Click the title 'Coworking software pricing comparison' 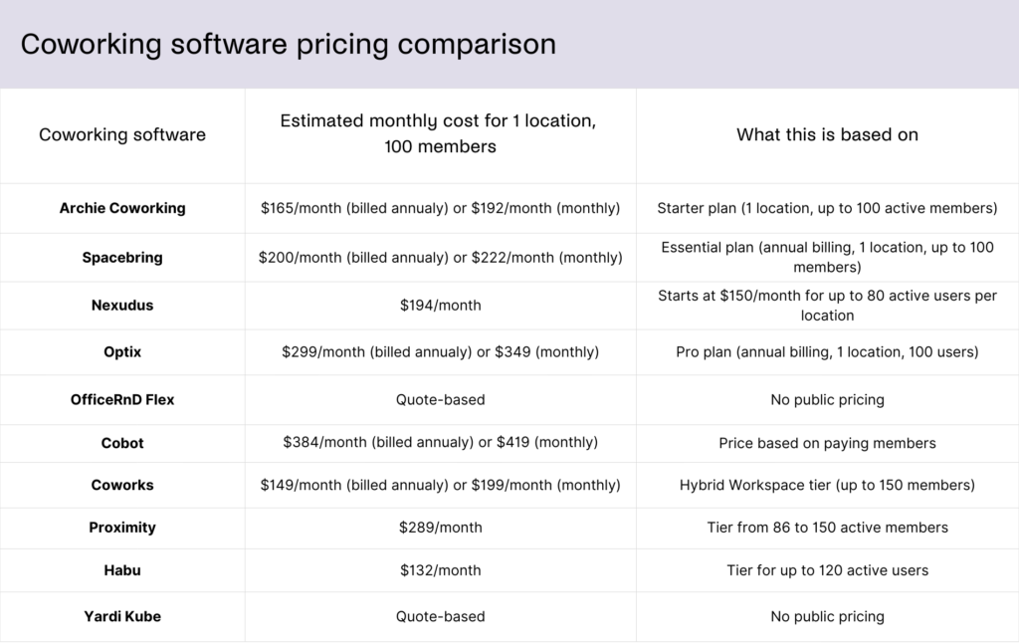coord(289,45)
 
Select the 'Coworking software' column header coord(122,134)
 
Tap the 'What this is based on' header coord(827,134)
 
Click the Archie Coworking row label coord(122,208)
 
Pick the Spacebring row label coord(122,257)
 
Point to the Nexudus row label coord(122,305)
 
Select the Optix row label coord(122,351)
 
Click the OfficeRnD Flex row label coord(122,399)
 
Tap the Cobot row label coord(122,442)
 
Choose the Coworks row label coord(122,485)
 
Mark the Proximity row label coord(122,528)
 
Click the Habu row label coord(122,570)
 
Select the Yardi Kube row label coord(122,616)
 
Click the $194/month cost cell coord(440,305)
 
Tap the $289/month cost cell coord(440,528)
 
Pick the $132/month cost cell coord(440,570)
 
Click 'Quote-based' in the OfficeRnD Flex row coord(440,399)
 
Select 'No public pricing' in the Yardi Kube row coord(827,616)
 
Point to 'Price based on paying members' coord(827,442)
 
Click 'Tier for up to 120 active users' coord(827,570)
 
